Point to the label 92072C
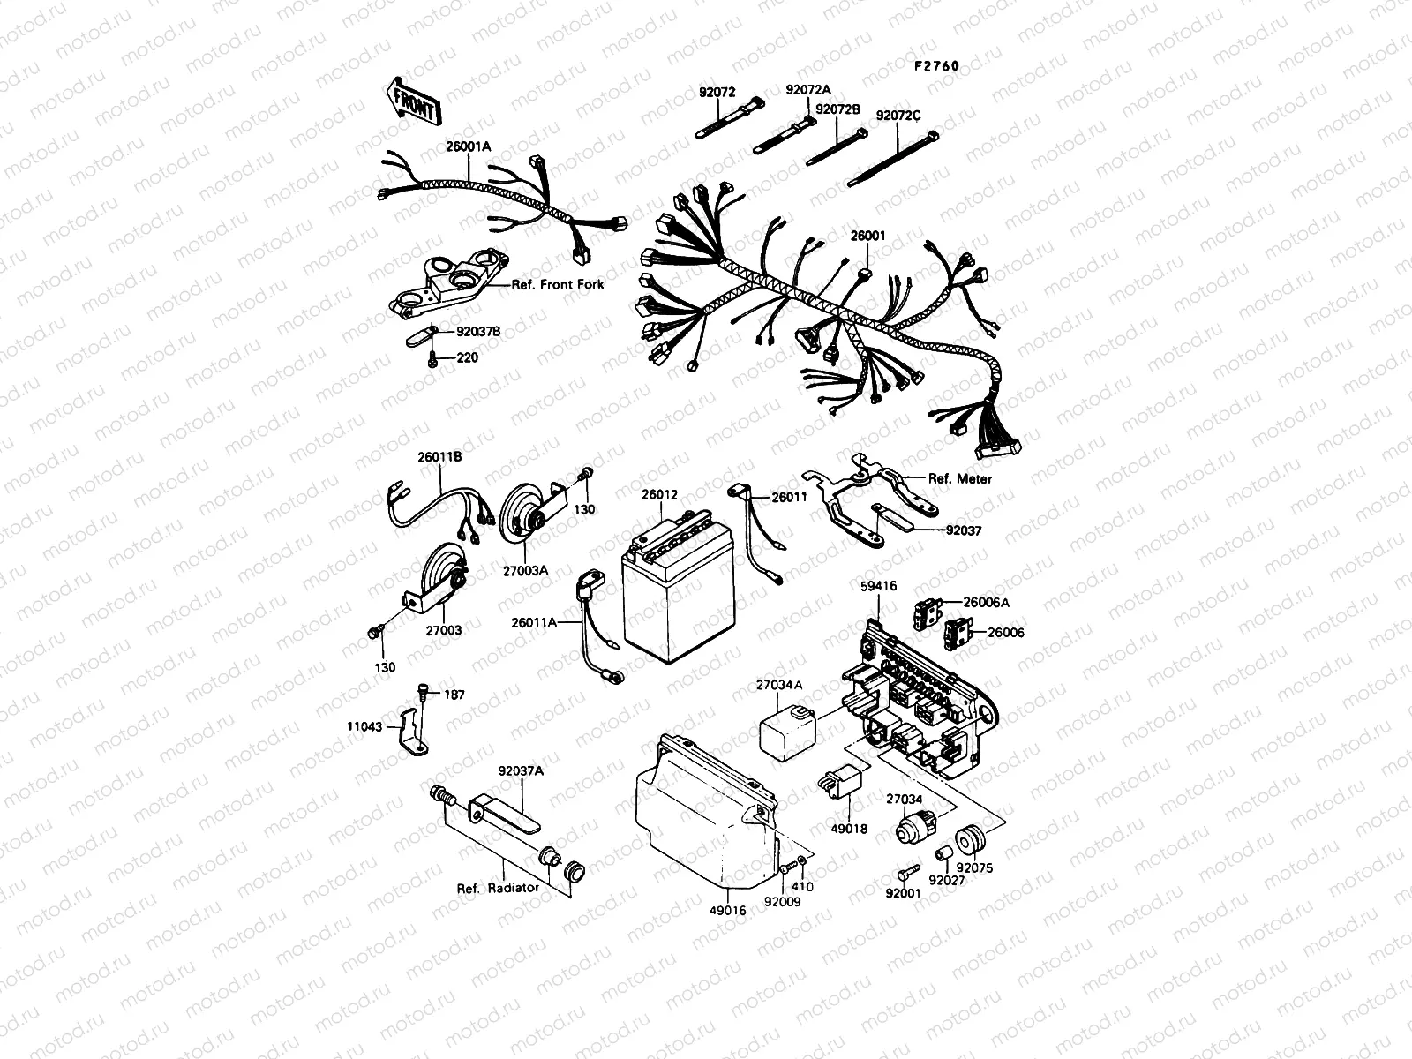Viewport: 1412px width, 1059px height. coord(898,116)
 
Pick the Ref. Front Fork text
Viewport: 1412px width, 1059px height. coord(558,285)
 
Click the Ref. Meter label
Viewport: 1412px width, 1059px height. coord(960,479)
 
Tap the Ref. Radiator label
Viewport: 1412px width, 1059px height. coord(498,888)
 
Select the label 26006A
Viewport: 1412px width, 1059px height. coord(987,603)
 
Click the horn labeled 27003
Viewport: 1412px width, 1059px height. coord(441,578)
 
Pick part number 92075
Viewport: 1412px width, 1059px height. coord(978,867)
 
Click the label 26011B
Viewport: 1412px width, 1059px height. coord(439,457)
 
